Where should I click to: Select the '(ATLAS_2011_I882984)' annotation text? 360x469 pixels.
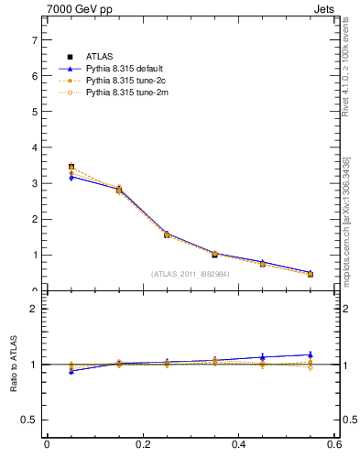point(190,274)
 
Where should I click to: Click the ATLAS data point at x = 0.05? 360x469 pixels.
point(71,167)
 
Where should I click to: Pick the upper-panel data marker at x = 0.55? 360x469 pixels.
point(311,274)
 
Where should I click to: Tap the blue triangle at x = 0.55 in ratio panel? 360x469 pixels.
point(311,354)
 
